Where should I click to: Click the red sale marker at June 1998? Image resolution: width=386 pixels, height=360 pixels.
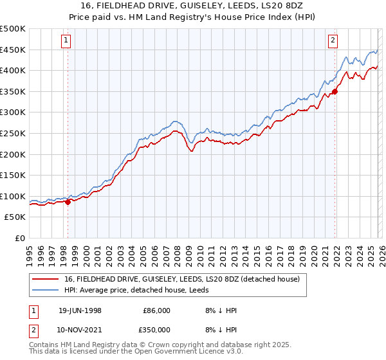[x=68, y=202]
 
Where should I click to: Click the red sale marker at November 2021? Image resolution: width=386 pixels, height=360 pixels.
[x=335, y=92]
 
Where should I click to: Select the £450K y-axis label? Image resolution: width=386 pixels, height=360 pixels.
[x=13, y=50]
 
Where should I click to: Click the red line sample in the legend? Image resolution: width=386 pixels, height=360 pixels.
[x=46, y=279]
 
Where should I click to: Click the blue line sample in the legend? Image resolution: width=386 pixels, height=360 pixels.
[x=46, y=290]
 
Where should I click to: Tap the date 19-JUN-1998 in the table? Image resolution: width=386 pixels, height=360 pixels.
[x=80, y=310]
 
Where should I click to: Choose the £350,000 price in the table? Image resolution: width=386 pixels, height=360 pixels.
[x=156, y=329]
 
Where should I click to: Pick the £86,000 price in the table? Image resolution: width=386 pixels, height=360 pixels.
[x=156, y=310]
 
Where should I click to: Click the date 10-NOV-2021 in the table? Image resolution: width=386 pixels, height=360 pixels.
[x=80, y=329]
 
